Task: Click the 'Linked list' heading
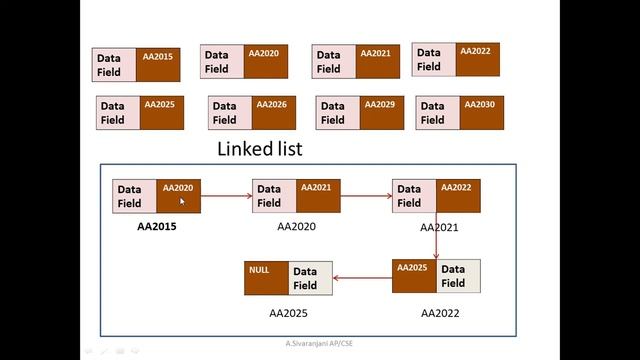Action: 260,149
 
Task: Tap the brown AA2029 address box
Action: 380,113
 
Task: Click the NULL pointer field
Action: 266,277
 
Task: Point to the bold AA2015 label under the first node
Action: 157,226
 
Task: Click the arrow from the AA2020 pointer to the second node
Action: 226,196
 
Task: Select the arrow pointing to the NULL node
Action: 362,277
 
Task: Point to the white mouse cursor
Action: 182,202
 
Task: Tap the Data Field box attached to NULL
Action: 310,277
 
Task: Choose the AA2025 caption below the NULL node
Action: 288,313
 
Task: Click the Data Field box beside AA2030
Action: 432,113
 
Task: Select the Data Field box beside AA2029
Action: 332,113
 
